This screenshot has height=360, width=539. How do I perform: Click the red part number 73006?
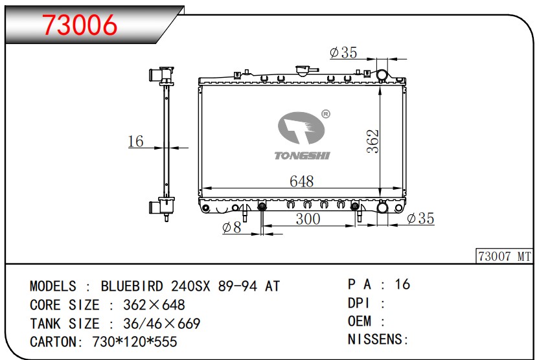pyautogui.click(x=80, y=25)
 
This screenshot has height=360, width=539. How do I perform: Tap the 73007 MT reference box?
pyautogui.click(x=505, y=256)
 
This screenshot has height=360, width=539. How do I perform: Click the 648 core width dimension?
pyautogui.click(x=301, y=181)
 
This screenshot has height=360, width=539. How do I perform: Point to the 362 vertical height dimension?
pyautogui.click(x=373, y=141)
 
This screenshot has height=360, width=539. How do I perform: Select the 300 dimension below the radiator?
pyautogui.click(x=308, y=219)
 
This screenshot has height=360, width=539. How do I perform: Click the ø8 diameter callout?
pyautogui.click(x=232, y=227)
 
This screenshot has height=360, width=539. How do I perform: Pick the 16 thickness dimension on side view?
pyautogui.click(x=135, y=141)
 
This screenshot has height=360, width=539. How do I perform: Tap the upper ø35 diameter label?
pyautogui.click(x=343, y=52)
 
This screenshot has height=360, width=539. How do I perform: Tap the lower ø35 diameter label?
pyautogui.click(x=420, y=218)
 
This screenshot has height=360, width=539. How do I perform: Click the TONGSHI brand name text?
pyautogui.click(x=302, y=155)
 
